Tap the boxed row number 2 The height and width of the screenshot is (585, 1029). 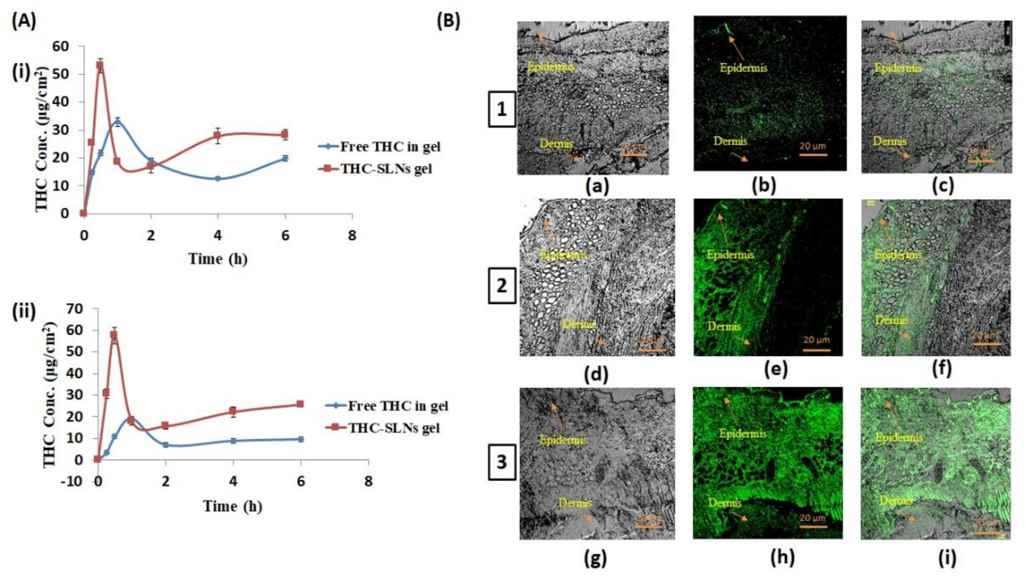pos(501,286)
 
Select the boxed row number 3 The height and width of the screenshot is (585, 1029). pos(501,462)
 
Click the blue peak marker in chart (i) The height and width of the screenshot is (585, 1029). pos(117,122)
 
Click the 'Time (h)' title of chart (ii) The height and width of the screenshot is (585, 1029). pos(233,507)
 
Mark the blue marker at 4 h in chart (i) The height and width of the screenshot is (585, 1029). pos(218,179)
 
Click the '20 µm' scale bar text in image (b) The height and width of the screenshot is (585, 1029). pos(813,146)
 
